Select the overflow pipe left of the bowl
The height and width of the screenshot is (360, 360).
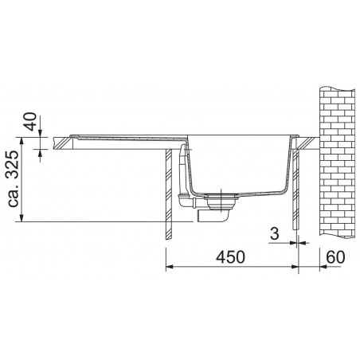(x=189, y=177)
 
